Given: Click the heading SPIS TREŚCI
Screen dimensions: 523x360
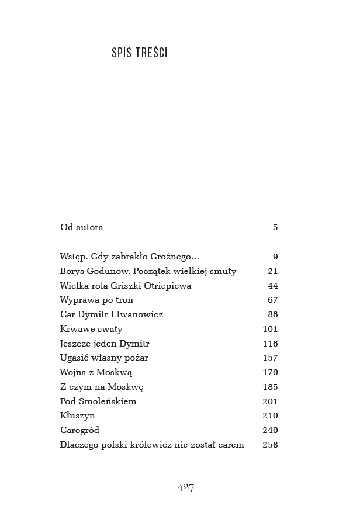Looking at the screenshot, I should click(139, 53).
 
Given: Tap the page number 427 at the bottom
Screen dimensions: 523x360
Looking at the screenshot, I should click(185, 488).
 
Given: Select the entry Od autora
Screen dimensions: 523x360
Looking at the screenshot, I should click(81, 227).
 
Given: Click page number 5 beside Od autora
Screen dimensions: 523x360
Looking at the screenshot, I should click(275, 227).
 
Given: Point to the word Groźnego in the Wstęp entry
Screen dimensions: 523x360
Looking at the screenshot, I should click(175, 257).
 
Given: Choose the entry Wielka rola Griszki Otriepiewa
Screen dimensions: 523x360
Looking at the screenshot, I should click(125, 286).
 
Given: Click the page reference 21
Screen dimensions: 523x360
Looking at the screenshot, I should click(273, 271).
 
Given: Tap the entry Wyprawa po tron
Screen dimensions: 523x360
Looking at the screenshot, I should click(96, 300).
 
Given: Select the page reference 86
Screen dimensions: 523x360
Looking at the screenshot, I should click(273, 314).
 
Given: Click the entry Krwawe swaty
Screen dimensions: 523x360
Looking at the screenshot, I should click(91, 329).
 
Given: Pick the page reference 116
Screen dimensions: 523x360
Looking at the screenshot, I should click(270, 344).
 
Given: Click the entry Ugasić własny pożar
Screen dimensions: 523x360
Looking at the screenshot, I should click(103, 358).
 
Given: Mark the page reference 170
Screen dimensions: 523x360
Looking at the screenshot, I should click(270, 372).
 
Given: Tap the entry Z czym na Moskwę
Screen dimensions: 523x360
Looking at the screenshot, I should click(101, 387).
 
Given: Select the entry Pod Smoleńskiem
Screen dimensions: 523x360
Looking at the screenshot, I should click(98, 401).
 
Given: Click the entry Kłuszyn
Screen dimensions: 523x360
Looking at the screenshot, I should click(77, 415).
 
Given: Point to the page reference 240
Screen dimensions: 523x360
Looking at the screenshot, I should click(270, 430).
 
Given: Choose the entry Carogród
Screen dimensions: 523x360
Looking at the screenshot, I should click(79, 430).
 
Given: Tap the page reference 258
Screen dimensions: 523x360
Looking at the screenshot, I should click(270, 445).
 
